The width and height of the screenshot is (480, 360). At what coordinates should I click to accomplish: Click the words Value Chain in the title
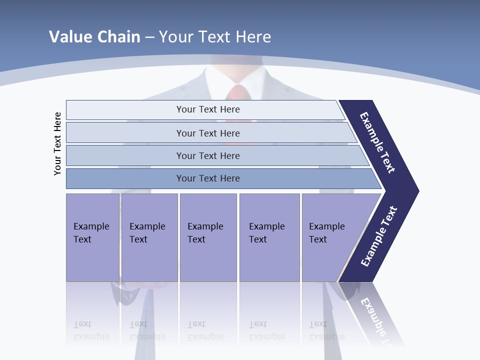94,36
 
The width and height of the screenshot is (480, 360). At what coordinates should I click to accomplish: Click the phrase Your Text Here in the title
215,36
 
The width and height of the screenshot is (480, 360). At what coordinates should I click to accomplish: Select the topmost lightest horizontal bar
125,109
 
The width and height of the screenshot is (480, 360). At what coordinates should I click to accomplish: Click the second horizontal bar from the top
125,132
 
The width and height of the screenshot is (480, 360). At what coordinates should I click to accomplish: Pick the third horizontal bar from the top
125,155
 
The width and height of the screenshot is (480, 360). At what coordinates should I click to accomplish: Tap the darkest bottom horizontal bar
125,178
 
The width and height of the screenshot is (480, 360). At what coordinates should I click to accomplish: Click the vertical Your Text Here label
57,143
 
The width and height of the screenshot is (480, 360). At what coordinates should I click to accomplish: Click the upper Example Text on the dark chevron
378,142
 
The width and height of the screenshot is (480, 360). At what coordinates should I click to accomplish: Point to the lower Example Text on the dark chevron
379,236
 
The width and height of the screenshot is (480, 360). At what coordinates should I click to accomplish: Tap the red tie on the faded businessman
238,95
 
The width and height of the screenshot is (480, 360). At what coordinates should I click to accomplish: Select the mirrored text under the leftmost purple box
91,330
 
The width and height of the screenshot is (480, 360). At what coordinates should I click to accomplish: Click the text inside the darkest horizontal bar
208,178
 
